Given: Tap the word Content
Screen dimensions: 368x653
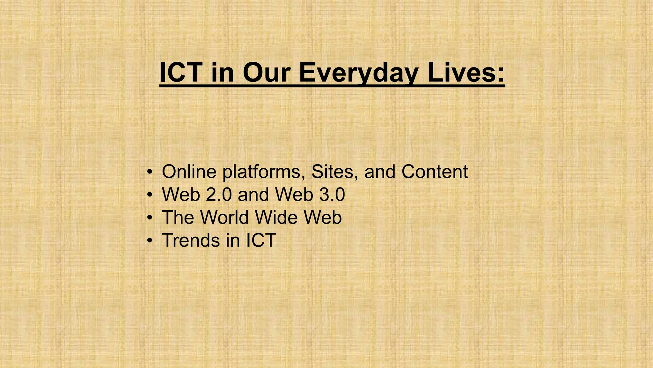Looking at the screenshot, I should [x=435, y=172].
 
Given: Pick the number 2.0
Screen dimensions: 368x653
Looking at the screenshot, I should [x=219, y=195].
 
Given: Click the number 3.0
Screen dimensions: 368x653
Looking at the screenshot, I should [x=332, y=195].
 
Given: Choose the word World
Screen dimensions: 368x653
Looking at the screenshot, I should [x=224, y=217].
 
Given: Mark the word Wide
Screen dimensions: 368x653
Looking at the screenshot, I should [x=276, y=217].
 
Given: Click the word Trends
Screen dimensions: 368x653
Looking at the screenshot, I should [x=191, y=240].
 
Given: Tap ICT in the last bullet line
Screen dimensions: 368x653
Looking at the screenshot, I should [x=261, y=240].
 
